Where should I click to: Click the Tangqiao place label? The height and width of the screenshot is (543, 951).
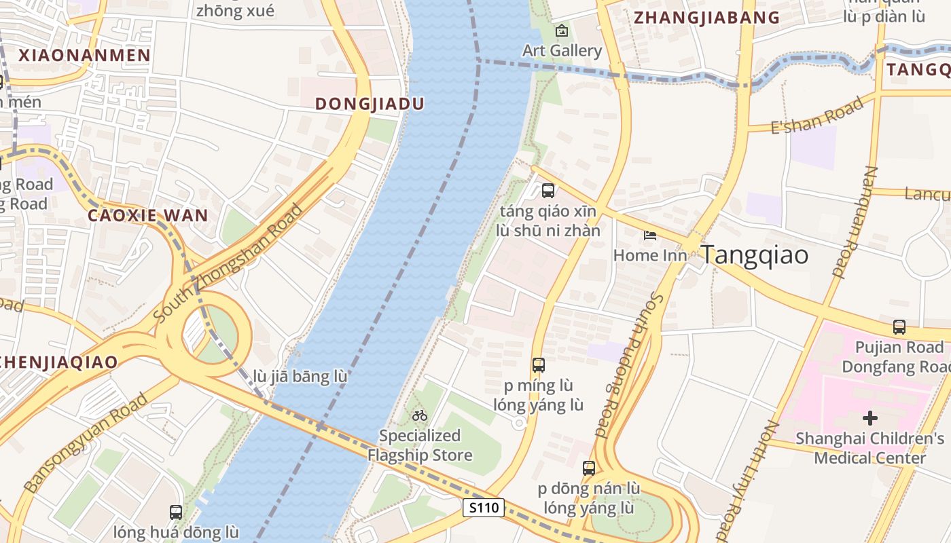click(754, 255)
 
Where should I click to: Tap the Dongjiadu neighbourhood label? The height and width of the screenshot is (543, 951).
click(370, 104)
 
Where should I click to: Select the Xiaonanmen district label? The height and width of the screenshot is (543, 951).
click(84, 56)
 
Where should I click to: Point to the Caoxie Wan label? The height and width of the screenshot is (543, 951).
click(148, 216)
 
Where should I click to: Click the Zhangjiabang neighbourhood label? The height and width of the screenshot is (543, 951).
click(706, 18)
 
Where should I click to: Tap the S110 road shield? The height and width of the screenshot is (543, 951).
click(484, 507)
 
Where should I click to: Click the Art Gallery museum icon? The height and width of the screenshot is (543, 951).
click(562, 31)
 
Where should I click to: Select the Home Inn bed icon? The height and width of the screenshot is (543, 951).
click(650, 236)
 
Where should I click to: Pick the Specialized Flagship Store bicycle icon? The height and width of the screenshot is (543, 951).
click(420, 415)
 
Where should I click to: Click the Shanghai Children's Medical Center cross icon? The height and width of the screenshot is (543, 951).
click(869, 417)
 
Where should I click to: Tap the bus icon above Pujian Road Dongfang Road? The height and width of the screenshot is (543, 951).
click(899, 326)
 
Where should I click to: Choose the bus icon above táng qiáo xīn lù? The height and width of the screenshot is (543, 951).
click(548, 191)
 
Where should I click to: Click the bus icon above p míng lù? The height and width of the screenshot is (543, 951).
click(538, 365)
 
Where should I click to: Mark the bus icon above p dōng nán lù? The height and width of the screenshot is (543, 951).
click(588, 468)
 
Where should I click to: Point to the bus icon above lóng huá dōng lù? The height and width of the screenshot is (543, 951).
click(175, 512)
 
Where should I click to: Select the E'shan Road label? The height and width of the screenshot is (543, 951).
click(822, 114)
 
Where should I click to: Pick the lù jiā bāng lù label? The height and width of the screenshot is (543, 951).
click(300, 376)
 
